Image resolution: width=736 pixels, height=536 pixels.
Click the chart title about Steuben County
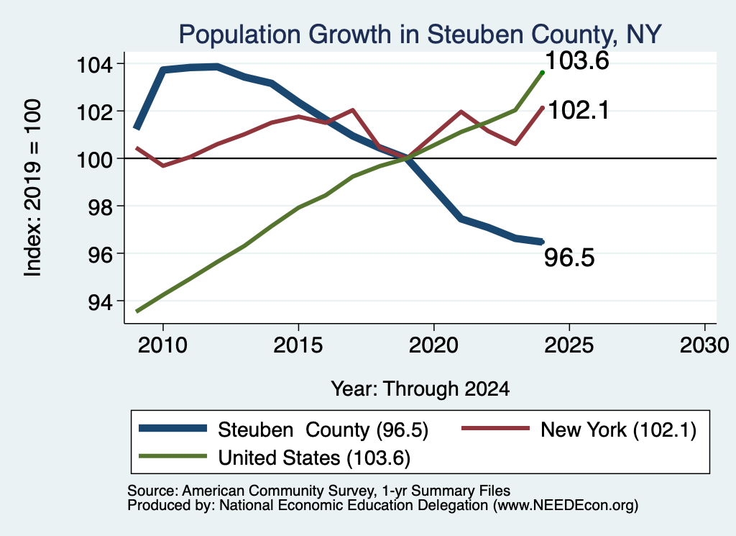pyautogui.click(x=420, y=35)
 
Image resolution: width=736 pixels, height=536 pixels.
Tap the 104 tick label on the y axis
pyautogui.click(x=95, y=64)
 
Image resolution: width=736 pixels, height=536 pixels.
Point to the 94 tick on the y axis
pyautogui.click(x=101, y=302)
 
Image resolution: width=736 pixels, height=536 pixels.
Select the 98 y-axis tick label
pyautogui.click(x=101, y=207)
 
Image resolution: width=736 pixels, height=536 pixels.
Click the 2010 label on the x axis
pyautogui.click(x=163, y=345)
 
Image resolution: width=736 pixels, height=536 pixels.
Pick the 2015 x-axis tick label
pyautogui.click(x=298, y=345)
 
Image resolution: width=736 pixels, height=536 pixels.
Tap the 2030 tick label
pyautogui.click(x=704, y=345)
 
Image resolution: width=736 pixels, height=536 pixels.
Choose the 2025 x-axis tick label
pyautogui.click(x=569, y=345)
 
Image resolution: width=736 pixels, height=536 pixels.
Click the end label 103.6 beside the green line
pyautogui.click(x=577, y=60)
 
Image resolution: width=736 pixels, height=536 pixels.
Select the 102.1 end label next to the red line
pyautogui.click(x=579, y=110)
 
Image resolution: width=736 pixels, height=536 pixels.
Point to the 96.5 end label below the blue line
pyautogui.click(x=569, y=258)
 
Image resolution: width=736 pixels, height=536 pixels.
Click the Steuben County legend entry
pyautogui.click(x=283, y=430)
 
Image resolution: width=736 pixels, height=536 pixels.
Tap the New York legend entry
pyautogui.click(x=579, y=430)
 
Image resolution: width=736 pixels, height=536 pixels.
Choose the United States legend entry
pyautogui.click(x=275, y=458)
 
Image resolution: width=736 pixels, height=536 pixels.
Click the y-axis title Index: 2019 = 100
pyautogui.click(x=33, y=188)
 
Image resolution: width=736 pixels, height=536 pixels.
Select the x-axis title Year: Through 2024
pyautogui.click(x=420, y=389)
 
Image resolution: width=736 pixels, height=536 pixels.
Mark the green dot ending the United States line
pyautogui.click(x=542, y=73)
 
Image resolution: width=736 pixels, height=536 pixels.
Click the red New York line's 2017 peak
pyautogui.click(x=352, y=110)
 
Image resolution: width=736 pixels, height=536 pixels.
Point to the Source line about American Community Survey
pyautogui.click(x=318, y=491)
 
